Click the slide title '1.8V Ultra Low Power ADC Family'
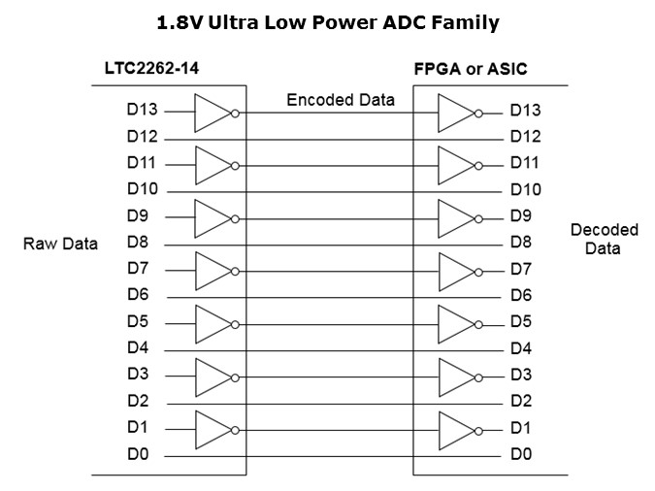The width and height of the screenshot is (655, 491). coord(327,22)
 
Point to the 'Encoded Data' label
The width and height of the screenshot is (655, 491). coord(340,100)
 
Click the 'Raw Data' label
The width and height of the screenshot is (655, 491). coord(60,244)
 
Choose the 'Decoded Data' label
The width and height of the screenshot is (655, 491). coord(604,239)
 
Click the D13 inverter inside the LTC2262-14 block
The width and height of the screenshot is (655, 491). coord(214,113)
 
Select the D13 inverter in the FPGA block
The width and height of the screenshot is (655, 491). coord(457,113)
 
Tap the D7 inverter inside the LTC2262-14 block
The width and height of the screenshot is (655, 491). coord(214,270)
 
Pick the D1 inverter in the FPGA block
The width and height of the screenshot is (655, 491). coord(457,428)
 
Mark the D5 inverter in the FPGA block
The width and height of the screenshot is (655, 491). coord(457,322)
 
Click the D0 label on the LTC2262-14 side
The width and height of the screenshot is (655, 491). coord(138,453)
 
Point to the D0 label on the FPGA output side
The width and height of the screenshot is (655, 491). coord(521,453)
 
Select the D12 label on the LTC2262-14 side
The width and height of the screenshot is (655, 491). coord(142,137)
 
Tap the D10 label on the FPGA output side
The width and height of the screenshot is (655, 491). coord(525,189)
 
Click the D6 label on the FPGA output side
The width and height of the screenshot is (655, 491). coord(521,295)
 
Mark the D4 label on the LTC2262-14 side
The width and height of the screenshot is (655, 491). coord(138,347)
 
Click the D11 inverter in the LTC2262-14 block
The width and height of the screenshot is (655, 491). coord(214,165)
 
